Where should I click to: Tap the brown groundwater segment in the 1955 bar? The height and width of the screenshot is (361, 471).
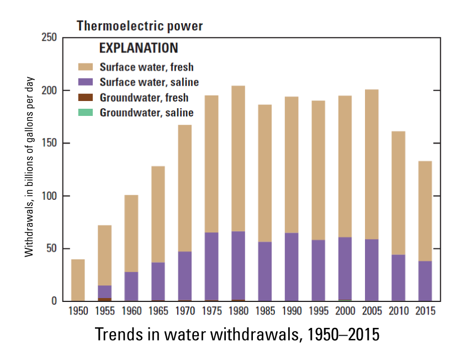(105, 299)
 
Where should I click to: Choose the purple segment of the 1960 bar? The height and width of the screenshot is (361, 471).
(131, 286)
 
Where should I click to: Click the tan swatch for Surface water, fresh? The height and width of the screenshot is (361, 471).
(86, 67)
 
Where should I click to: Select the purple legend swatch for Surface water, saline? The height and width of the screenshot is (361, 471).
(86, 82)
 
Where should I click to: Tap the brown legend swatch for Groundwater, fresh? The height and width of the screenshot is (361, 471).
(86, 98)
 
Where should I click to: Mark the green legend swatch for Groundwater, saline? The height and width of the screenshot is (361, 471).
(86, 113)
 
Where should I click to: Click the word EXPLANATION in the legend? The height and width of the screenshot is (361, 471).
(138, 48)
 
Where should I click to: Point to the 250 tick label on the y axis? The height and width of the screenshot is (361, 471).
(49, 38)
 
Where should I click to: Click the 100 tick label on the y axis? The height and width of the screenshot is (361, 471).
(49, 196)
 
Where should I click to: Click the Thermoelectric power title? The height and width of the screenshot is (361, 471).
(139, 26)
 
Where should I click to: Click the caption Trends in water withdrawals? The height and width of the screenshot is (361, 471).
(237, 335)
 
